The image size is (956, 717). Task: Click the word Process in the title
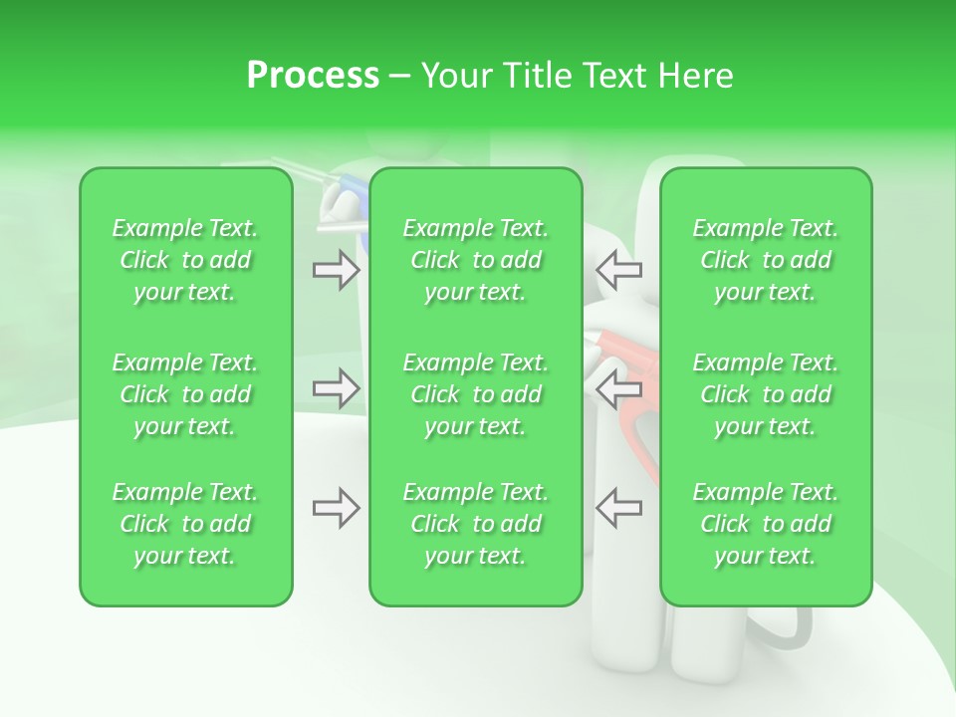point(313,75)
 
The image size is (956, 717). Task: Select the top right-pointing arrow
point(336,270)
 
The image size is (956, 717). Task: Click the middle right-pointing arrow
point(336,388)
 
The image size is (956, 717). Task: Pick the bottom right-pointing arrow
point(336,508)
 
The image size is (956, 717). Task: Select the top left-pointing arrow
point(618,270)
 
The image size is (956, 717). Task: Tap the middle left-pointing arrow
point(618,388)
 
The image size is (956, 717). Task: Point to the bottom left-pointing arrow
point(618,508)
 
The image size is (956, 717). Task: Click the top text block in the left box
point(185,260)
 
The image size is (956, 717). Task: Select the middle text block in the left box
point(185,394)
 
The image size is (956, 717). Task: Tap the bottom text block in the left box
point(185,524)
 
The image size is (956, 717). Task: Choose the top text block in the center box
point(475,260)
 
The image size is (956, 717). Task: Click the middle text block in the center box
point(475,394)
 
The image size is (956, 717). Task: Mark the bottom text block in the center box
point(475,524)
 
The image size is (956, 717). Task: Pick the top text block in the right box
point(765,260)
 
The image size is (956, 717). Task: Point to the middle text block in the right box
point(765,394)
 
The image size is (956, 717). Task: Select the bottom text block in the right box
point(765,524)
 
